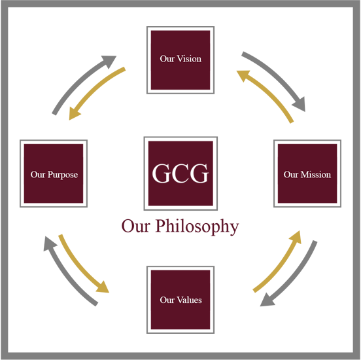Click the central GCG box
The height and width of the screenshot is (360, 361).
click(x=180, y=173)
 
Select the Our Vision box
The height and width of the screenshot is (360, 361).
click(x=180, y=60)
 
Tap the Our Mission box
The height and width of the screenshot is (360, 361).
click(x=307, y=173)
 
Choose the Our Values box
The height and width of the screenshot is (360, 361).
click(x=180, y=300)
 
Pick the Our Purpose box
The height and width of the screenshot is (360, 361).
click(x=54, y=173)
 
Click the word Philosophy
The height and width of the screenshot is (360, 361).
click(x=197, y=226)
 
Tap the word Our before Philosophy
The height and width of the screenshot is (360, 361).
click(x=136, y=226)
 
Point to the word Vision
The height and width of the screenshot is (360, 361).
click(x=189, y=59)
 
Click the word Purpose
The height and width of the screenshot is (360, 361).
click(x=63, y=175)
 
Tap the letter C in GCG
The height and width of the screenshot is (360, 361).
click(x=180, y=173)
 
